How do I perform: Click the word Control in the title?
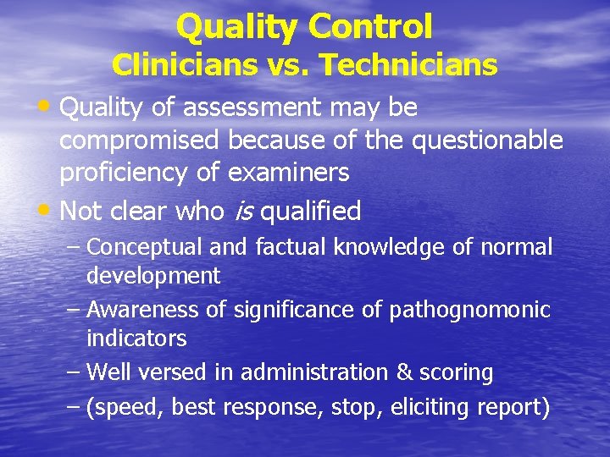click(370, 27)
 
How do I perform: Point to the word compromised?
click(136, 140)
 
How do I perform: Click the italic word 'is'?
click(242, 211)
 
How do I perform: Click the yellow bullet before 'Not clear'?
click(47, 209)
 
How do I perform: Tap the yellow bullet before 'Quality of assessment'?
click(47, 107)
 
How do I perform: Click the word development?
click(153, 276)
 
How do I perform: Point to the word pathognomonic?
click(469, 311)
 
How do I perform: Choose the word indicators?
click(136, 339)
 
